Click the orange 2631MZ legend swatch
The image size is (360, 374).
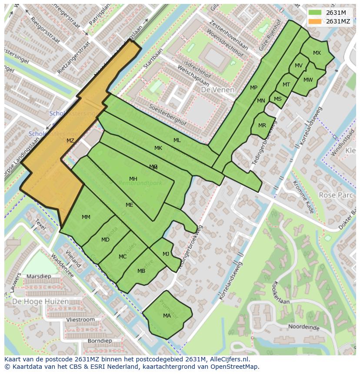tap(316, 21)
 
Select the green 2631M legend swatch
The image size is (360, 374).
tap(316, 13)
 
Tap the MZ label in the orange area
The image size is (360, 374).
tap(70, 140)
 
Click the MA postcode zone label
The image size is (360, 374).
tap(167, 316)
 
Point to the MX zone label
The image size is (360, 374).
tap(317, 53)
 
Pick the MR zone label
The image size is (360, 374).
tap(262, 126)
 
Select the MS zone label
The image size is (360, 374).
tap(278, 99)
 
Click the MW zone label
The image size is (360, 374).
tap(308, 79)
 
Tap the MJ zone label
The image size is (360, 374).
tap(166, 254)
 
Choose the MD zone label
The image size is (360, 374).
tap(105, 240)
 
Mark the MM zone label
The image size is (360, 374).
tap(86, 217)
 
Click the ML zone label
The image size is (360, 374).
tap(177, 140)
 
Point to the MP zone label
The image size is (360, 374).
tap(253, 88)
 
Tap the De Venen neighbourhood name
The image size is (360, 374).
tap(217, 90)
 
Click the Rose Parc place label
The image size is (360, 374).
tap(336, 195)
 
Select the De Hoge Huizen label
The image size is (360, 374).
tap(40, 301)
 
